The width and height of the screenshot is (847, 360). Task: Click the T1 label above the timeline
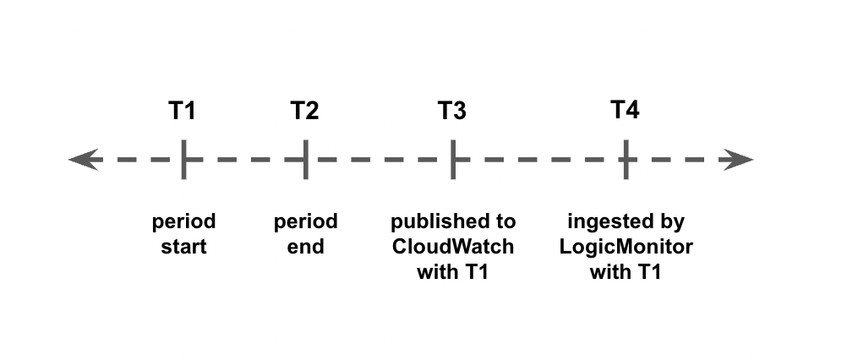pyautogui.click(x=182, y=111)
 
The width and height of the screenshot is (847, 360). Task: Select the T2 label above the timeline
pyautogui.click(x=304, y=111)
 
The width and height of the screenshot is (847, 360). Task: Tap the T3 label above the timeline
pyautogui.click(x=452, y=111)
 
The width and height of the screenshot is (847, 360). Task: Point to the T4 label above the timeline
pyautogui.click(x=625, y=110)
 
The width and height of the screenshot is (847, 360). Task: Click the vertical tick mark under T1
pyautogui.click(x=183, y=159)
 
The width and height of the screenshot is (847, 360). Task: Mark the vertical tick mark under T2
pyautogui.click(x=306, y=159)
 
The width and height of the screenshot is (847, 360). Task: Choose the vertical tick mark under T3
pyautogui.click(x=453, y=159)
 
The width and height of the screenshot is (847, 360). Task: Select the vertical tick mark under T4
pyautogui.click(x=626, y=159)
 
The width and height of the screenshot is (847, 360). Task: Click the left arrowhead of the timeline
pyautogui.click(x=84, y=159)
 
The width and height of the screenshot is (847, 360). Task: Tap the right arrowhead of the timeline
pyautogui.click(x=738, y=159)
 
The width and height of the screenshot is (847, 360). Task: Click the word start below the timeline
pyautogui.click(x=183, y=248)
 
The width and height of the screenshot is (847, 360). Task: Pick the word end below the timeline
pyautogui.click(x=306, y=248)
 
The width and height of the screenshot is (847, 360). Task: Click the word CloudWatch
pyautogui.click(x=453, y=247)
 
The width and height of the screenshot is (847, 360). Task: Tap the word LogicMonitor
pyautogui.click(x=626, y=247)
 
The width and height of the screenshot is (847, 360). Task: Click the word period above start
pyautogui.click(x=183, y=221)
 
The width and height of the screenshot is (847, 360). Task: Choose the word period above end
pyautogui.click(x=306, y=221)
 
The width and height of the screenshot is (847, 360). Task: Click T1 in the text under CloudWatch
pyautogui.click(x=477, y=271)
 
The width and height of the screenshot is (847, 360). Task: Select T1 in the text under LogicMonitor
pyautogui.click(x=649, y=271)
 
